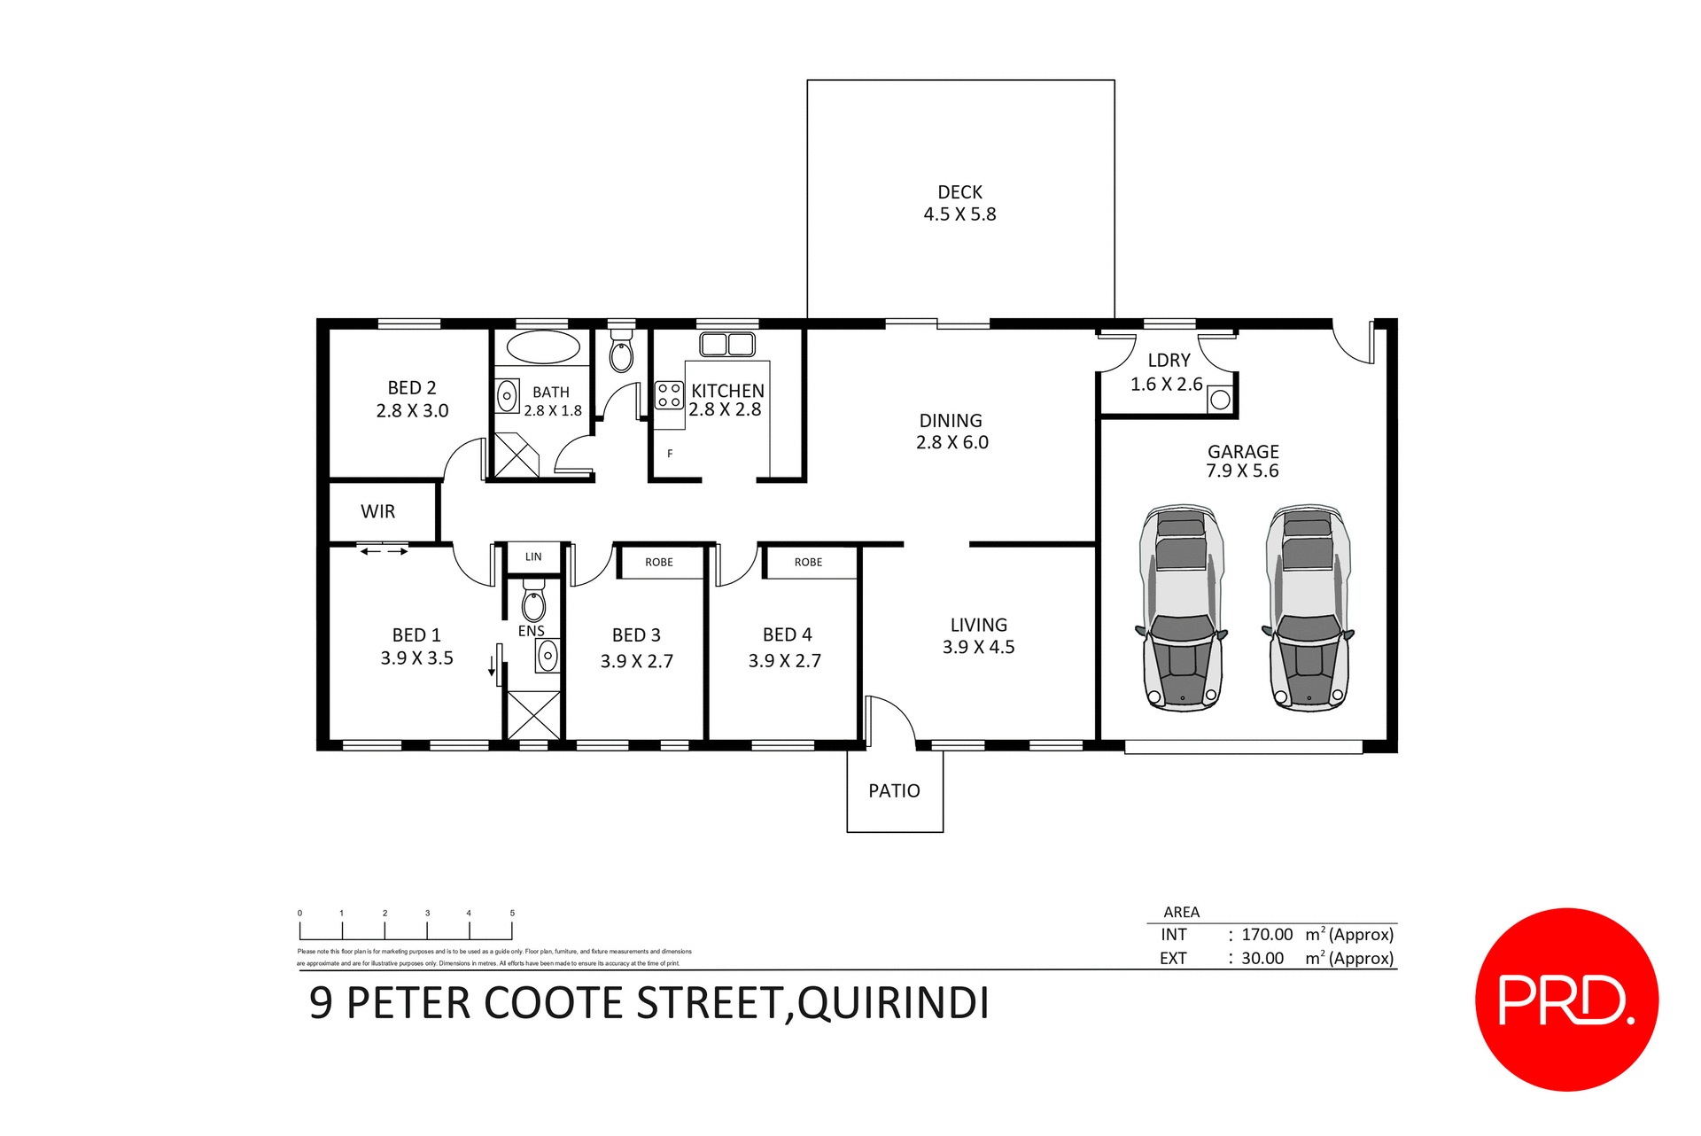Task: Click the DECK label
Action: point(959,192)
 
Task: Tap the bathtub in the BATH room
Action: point(542,347)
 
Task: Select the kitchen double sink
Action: point(727,344)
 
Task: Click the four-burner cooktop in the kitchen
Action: point(669,395)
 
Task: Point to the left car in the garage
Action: point(1182,609)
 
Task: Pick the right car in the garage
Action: point(1309,609)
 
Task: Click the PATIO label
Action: point(894,790)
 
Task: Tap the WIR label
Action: point(377,511)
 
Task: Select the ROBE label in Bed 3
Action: point(659,563)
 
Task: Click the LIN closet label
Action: point(533,557)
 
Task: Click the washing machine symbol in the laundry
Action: point(1220,400)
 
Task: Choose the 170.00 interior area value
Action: point(1267,935)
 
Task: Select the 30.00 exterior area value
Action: point(1262,959)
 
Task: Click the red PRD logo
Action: point(1566,1000)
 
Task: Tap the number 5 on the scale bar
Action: point(512,913)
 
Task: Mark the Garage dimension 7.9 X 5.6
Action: point(1242,471)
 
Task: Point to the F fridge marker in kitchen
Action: point(670,454)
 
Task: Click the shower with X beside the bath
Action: point(517,455)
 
